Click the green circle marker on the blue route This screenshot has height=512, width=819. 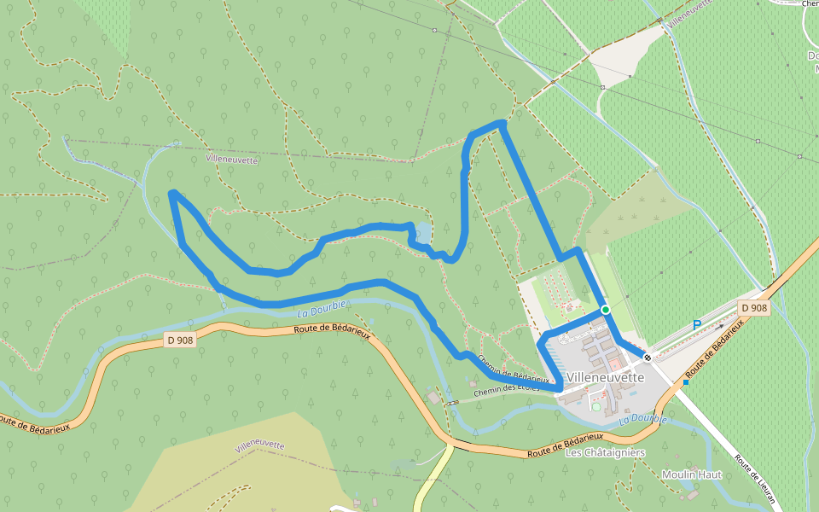605,309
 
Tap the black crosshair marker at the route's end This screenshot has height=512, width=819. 648,358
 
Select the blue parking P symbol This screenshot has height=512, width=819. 696,325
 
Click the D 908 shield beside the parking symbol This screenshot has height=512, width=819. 754,308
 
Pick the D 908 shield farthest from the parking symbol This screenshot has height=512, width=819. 180,340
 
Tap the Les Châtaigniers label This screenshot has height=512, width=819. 606,452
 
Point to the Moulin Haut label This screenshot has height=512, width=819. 692,474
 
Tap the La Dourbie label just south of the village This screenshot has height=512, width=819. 643,419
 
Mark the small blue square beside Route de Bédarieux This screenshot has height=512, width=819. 685,382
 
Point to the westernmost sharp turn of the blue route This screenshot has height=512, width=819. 173,194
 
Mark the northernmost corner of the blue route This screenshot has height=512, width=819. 502,125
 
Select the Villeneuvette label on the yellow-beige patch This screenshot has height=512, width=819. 260,445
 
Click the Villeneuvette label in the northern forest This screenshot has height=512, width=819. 231,159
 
